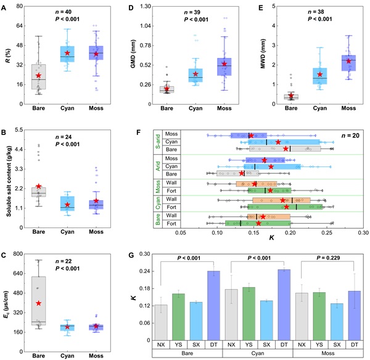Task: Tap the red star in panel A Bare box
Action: tap(38, 76)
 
